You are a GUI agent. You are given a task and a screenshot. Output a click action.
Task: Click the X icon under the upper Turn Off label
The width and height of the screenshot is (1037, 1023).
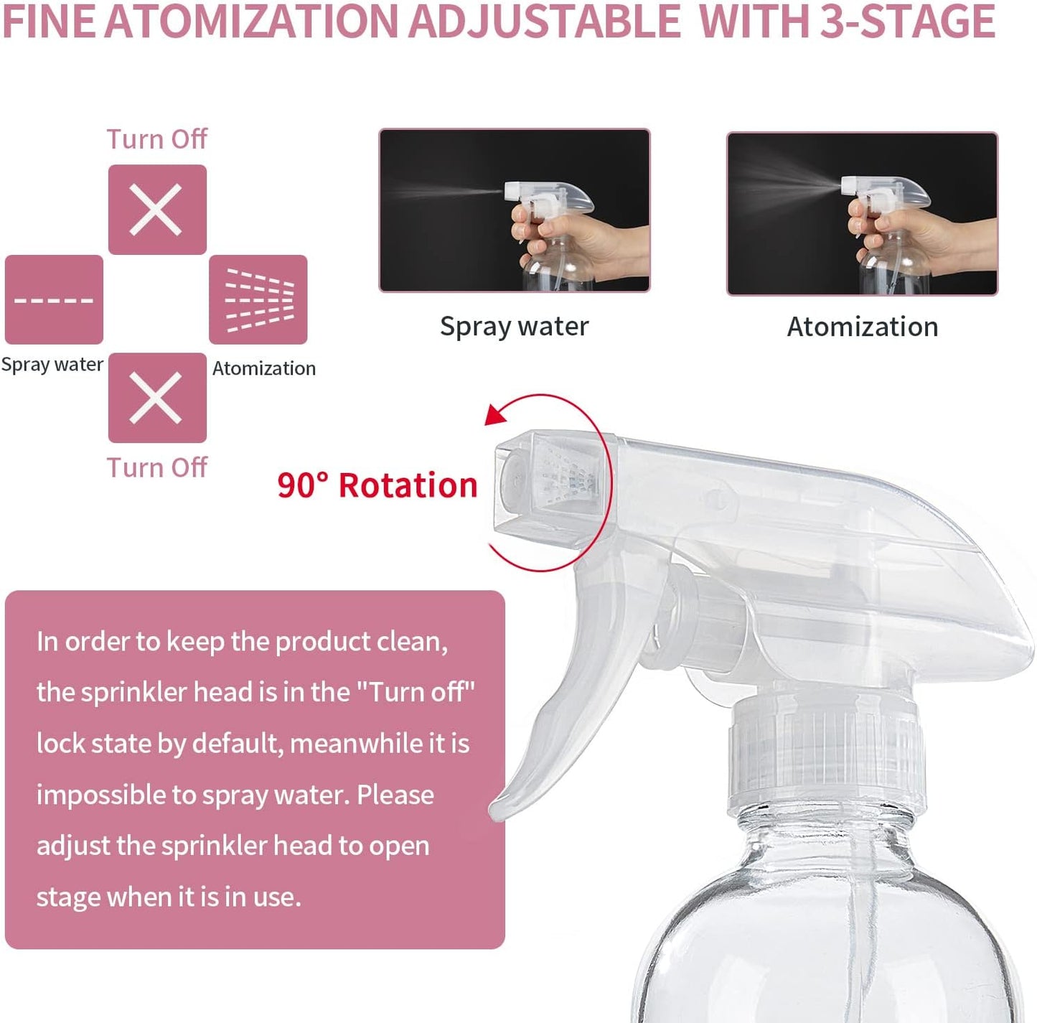[156, 210]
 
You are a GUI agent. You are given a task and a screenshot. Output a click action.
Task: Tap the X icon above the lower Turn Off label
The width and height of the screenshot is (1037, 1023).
[156, 398]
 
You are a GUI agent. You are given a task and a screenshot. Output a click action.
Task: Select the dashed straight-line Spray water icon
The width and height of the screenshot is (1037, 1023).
[54, 299]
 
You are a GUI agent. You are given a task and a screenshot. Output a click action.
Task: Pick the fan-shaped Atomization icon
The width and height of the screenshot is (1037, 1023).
[258, 299]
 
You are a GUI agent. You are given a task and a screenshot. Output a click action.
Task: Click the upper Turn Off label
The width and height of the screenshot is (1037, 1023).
[156, 139]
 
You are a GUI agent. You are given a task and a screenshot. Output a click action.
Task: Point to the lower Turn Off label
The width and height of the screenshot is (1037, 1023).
[156, 467]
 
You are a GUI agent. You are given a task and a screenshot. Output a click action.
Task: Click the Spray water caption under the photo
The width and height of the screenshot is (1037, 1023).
[514, 327]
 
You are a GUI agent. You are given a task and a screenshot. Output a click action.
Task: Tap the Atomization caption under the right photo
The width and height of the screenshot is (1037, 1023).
[862, 327]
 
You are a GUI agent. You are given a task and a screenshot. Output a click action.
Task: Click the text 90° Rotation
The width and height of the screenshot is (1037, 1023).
[377, 485]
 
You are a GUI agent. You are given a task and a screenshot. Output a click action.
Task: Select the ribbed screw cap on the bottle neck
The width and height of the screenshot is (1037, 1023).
[825, 754]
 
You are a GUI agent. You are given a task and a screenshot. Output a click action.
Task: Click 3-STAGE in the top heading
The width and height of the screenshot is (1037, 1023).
[907, 22]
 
